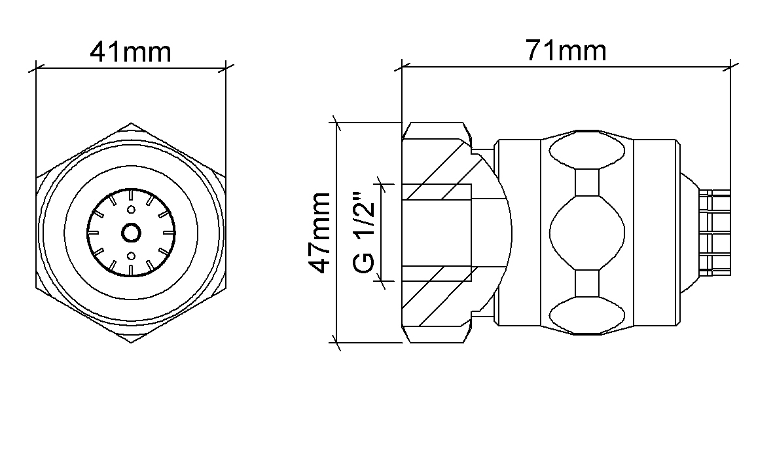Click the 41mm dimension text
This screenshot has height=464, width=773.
[x=130, y=51]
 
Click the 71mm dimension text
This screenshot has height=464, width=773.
[x=566, y=50]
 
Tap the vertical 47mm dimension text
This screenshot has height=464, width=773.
[x=321, y=233]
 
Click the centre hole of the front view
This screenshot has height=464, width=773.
[x=131, y=232]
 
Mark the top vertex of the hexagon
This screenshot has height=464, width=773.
[x=131, y=123]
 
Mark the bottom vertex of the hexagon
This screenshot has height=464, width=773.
[x=131, y=341]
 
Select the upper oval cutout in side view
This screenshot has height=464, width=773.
[x=587, y=152]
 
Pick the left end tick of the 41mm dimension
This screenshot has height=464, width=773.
[x=35, y=66]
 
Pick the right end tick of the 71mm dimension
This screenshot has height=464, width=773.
[x=730, y=66]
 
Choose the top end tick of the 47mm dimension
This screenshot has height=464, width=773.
[x=336, y=123]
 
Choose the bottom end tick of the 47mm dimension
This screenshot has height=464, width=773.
[x=336, y=342]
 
